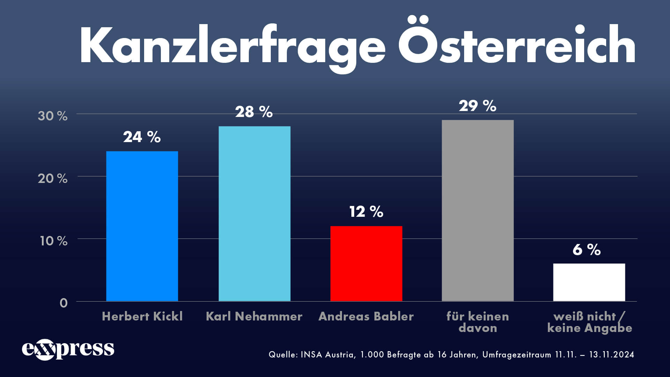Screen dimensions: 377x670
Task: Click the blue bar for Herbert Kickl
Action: click(x=142, y=226)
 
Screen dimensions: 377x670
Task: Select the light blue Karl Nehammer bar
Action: click(x=254, y=214)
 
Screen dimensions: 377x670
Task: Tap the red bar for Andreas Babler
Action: click(x=366, y=264)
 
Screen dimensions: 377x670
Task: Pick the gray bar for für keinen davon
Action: click(x=477, y=210)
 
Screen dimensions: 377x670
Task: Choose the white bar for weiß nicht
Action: click(x=589, y=282)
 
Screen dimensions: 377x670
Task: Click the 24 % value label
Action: click(x=142, y=137)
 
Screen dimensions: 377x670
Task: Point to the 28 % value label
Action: click(x=254, y=112)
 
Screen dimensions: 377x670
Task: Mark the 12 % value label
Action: click(x=366, y=212)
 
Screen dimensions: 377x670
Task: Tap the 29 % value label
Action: click(x=477, y=106)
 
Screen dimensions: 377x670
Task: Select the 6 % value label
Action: click(x=587, y=250)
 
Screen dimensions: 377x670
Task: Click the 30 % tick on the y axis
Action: click(x=52, y=116)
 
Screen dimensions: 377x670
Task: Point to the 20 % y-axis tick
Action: click(x=52, y=178)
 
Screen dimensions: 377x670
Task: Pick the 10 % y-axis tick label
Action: click(x=53, y=241)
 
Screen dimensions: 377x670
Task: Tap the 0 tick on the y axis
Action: click(x=63, y=303)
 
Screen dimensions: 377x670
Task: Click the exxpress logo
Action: click(x=68, y=349)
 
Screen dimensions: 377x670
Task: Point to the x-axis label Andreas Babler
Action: click(x=366, y=316)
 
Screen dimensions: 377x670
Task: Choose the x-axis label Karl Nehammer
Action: click(x=254, y=316)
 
